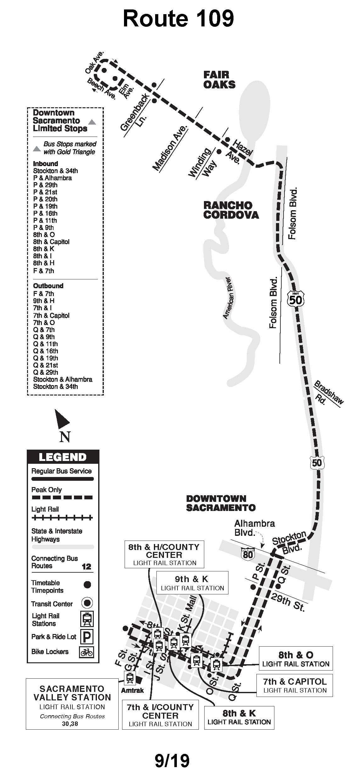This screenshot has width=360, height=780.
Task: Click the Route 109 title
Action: tap(178, 19)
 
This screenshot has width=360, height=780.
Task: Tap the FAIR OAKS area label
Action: tap(219, 80)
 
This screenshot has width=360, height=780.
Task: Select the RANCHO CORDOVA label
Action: tap(231, 210)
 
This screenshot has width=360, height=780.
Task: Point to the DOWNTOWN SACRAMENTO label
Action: tap(221, 503)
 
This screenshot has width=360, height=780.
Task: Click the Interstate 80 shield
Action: tap(248, 553)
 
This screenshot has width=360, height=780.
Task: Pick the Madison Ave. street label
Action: tap(170, 147)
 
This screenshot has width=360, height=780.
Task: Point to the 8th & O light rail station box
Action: tap(295, 659)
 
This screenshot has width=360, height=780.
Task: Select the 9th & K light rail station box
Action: tap(192, 583)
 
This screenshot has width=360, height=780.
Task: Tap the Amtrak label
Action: tap(132, 691)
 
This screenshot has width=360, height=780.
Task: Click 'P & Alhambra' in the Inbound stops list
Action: tap(52, 178)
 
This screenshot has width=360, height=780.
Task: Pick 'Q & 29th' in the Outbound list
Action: tap(46, 372)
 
